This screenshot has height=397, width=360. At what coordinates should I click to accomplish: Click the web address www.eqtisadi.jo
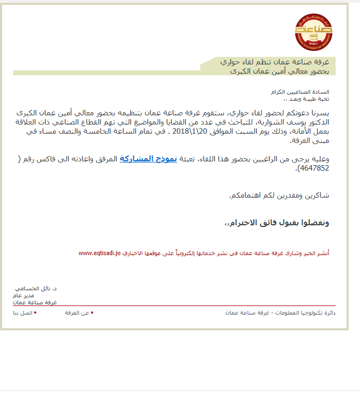click(99, 253)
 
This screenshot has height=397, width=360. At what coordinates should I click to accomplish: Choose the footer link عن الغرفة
click(77, 313)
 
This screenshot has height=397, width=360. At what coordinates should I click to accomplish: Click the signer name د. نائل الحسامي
click(36, 289)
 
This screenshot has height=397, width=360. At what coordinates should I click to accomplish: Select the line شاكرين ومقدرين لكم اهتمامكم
click(279, 195)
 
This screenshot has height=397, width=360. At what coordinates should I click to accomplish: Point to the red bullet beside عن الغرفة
click(92, 313)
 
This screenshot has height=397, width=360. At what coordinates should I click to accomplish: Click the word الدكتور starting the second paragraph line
click(317, 122)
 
